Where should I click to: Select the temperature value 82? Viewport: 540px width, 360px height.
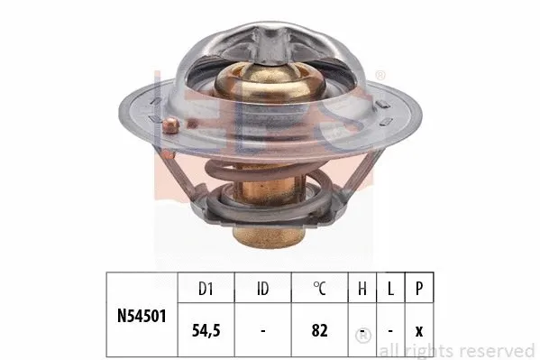317,331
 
